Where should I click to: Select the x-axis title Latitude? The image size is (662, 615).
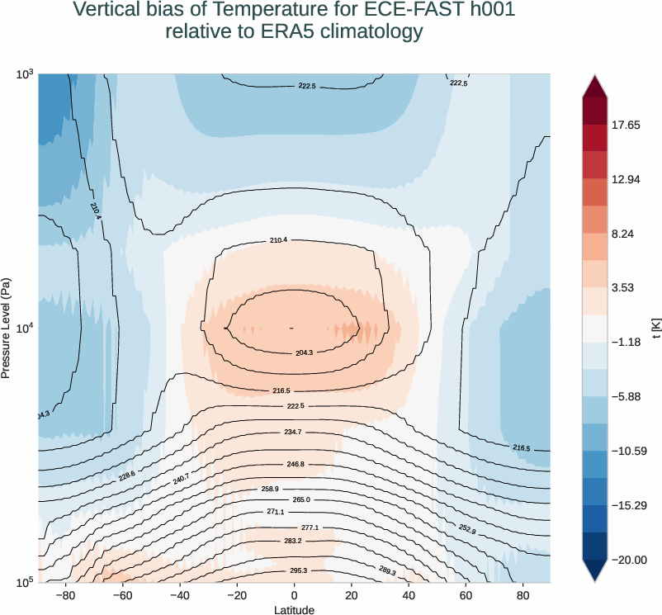(x=294, y=610)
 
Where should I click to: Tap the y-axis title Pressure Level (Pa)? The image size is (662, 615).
(x=7, y=328)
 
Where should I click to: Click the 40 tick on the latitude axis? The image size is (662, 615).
(x=409, y=594)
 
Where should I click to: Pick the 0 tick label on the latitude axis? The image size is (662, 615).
(x=294, y=594)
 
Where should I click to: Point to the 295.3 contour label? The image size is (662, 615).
(x=297, y=570)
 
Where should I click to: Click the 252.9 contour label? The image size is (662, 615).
(x=467, y=529)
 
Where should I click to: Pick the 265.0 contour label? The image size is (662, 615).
(x=301, y=499)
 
